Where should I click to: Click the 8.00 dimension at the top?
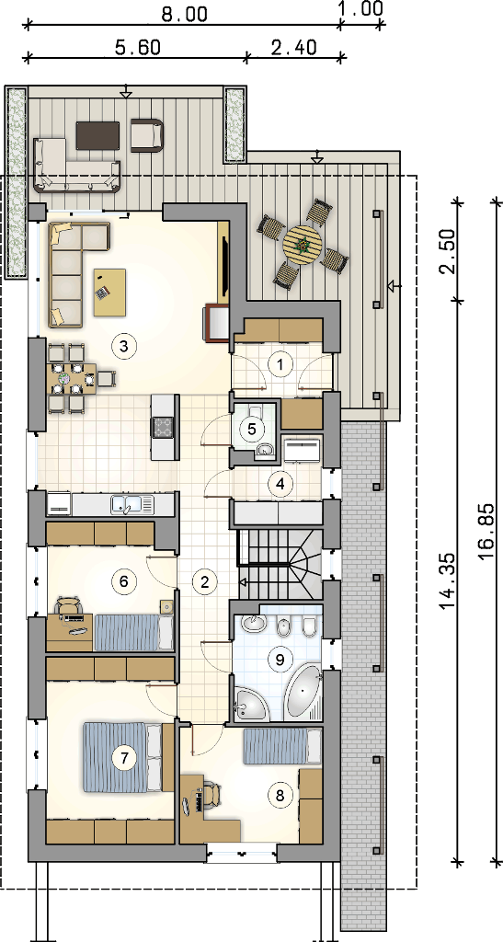184,13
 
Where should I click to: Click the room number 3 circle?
123,346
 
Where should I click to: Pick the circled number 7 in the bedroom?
124,758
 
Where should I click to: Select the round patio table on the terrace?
303,244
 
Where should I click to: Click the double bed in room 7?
123,757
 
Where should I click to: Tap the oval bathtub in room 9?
305,692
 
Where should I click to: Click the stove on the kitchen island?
165,426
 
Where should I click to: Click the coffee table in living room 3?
109,292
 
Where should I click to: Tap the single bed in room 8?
282,745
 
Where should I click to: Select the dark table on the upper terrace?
97,135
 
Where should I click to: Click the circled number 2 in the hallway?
205,581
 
